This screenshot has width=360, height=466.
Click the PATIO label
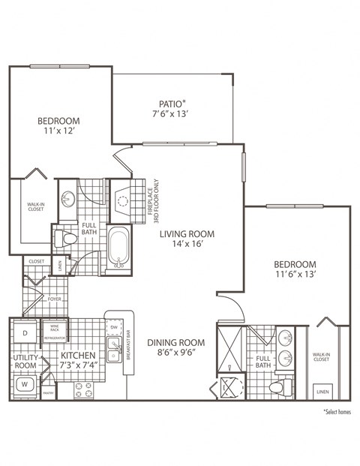172,109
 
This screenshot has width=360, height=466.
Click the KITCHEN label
77,358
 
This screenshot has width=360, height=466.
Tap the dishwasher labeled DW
113,328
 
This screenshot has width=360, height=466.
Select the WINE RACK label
53,328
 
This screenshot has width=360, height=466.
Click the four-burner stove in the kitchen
82,389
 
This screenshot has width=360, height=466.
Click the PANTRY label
49,392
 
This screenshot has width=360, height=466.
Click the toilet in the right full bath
279,387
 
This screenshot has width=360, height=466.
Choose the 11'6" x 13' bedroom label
294,269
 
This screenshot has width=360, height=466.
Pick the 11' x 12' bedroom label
59,127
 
